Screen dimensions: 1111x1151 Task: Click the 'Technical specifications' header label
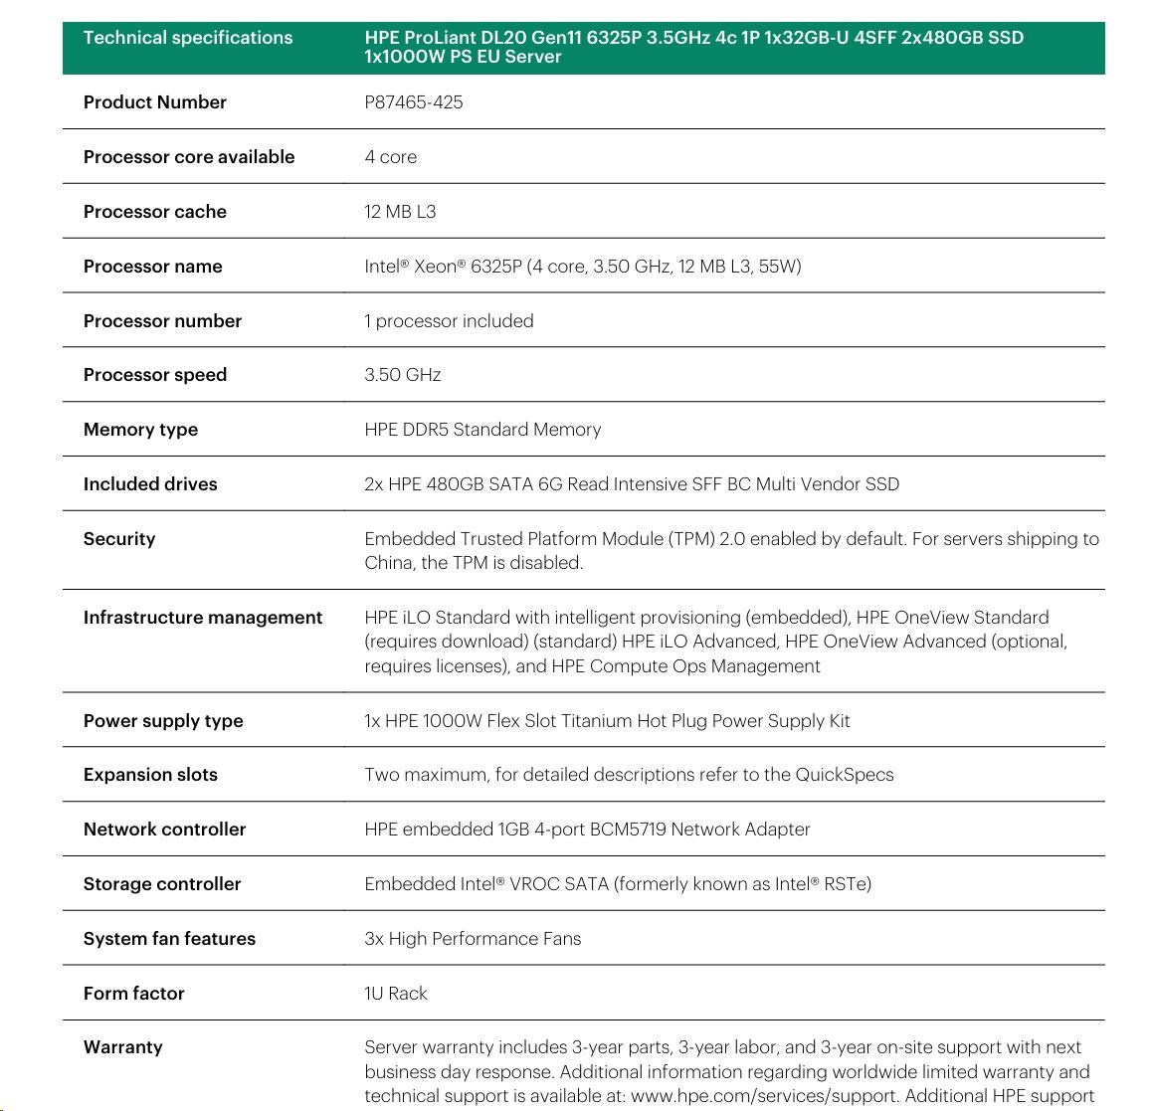pos(188,38)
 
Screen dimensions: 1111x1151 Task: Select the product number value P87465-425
pos(414,102)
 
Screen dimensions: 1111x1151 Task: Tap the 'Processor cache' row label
pos(155,212)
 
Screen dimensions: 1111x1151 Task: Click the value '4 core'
pos(391,157)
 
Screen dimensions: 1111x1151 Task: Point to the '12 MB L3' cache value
pos(400,212)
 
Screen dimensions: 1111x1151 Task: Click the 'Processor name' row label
pos(153,267)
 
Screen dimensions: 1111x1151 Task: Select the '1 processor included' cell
pos(449,321)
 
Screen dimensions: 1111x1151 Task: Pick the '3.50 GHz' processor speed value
pos(403,375)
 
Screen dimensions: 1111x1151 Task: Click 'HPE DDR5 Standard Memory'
pos(482,430)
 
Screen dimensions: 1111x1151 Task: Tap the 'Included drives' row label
pos(150,484)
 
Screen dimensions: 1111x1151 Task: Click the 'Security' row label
pos(119,539)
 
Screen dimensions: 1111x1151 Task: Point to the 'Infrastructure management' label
pos(203,618)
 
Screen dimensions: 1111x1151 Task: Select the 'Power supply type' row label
pos(163,721)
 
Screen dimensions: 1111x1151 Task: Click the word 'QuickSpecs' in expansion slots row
pos(844,775)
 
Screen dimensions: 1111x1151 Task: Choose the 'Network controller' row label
pos(165,830)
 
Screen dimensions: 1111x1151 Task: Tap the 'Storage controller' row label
pos(162,884)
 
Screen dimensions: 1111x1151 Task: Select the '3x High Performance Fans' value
pos(473,939)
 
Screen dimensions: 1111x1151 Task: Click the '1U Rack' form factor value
pos(396,994)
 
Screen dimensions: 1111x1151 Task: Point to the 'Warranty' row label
pos(123,1047)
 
